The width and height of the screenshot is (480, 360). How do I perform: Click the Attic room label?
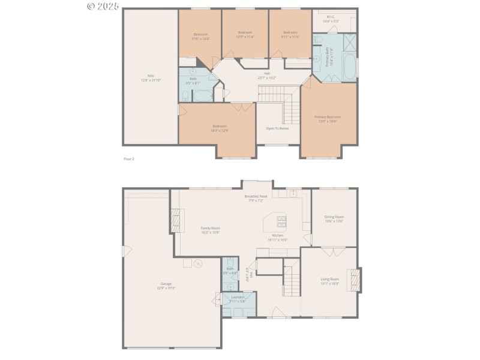151,77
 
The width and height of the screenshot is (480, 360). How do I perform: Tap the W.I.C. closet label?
331,19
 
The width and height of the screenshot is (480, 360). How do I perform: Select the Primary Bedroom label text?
328,119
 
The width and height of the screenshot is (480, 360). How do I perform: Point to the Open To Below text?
277,128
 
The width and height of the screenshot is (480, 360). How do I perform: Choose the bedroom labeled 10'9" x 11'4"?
245,34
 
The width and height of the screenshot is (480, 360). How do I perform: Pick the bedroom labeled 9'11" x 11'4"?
290,34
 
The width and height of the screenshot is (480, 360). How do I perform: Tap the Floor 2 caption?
128,158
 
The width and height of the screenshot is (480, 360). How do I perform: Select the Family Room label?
210,230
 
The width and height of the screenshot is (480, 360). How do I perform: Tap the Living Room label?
330,281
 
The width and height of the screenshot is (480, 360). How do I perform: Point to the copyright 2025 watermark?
103,6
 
